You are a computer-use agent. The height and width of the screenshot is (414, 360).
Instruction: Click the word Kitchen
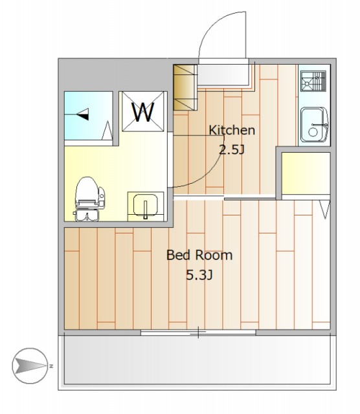(232, 130)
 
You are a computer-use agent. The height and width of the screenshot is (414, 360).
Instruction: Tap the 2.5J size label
(232, 149)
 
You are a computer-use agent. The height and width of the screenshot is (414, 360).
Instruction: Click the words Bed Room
(199, 255)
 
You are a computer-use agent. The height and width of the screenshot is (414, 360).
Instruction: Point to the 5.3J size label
(199, 275)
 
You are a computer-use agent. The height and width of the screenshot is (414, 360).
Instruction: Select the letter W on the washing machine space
(143, 112)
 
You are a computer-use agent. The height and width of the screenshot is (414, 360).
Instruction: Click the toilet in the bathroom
(89, 199)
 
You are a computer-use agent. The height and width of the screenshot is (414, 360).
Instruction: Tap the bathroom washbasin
(146, 206)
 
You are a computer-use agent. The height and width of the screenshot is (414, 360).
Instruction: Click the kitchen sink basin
(315, 125)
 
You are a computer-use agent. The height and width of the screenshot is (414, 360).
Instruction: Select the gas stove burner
(313, 80)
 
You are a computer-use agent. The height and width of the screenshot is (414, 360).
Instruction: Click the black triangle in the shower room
(84, 114)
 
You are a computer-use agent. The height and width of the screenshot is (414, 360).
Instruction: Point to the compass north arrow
(30, 365)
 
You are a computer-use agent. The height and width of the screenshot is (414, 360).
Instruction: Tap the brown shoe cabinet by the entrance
(185, 88)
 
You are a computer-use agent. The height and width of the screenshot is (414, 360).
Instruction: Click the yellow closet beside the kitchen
(306, 173)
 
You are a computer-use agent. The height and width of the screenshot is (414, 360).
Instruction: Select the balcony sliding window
(198, 332)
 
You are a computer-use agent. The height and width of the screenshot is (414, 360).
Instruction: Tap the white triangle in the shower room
(107, 131)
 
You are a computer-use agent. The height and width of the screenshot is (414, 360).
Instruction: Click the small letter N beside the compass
(51, 366)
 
